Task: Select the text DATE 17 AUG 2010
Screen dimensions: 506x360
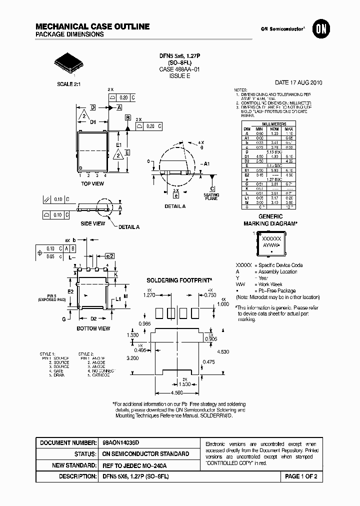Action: coord(298,83)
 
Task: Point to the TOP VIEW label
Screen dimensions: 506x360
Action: coord(92,184)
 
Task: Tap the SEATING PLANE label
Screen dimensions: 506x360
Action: coord(211,196)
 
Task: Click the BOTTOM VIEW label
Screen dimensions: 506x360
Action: coord(93,328)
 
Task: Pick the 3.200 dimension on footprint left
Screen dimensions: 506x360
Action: coord(132,358)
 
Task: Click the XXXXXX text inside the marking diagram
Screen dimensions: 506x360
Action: coord(271,239)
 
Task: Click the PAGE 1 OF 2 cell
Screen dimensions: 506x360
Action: coord(300,476)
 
